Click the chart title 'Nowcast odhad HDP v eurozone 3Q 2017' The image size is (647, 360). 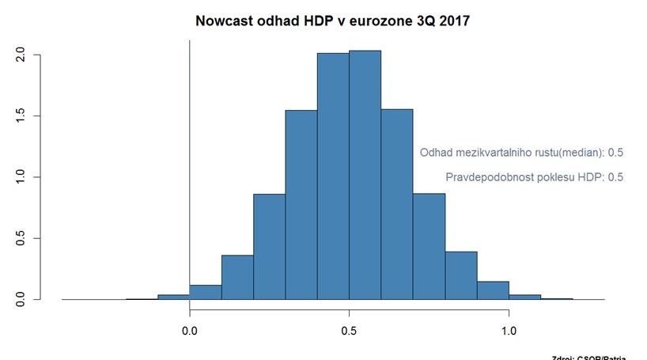[x=332, y=21]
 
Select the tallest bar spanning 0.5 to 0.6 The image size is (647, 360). [x=365, y=175]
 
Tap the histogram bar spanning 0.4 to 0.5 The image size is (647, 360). [x=333, y=176]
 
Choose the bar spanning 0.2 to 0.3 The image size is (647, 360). [x=269, y=247]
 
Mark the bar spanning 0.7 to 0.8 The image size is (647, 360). [x=429, y=247]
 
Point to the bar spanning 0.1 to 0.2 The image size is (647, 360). [x=237, y=278]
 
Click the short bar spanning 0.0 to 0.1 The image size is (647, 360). [x=206, y=292]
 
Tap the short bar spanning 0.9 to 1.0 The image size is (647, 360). [x=493, y=290]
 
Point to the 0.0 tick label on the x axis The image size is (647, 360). [x=190, y=332]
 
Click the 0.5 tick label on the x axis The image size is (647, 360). [x=349, y=332]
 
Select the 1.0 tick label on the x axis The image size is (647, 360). [x=509, y=332]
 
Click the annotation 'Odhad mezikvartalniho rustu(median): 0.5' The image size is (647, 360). [x=522, y=153]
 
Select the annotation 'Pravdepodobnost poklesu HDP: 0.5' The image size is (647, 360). [x=535, y=177]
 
